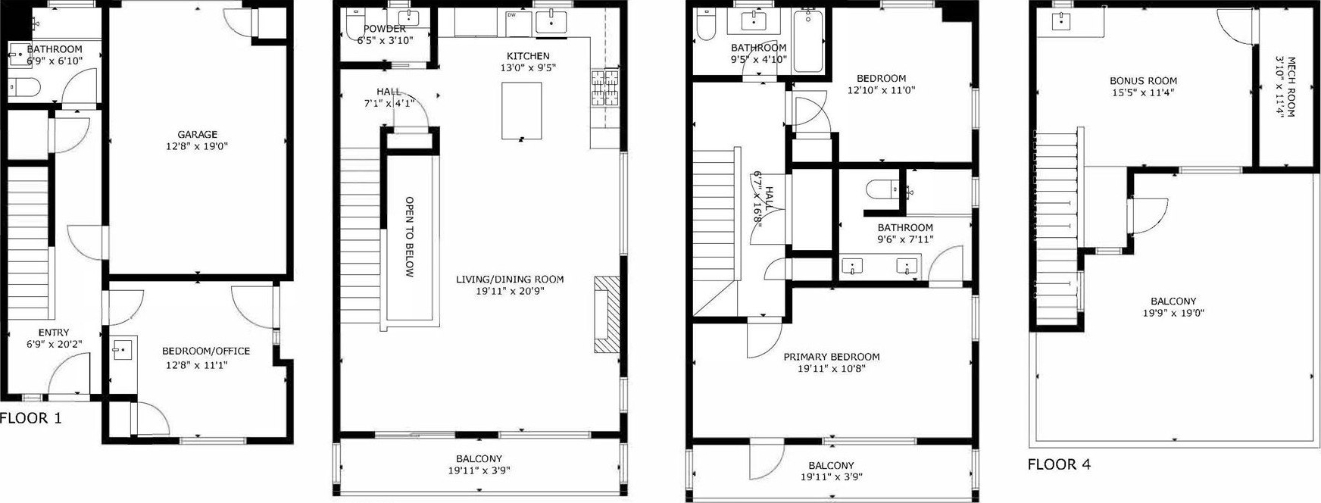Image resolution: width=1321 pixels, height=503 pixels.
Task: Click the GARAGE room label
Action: (x=198, y=135)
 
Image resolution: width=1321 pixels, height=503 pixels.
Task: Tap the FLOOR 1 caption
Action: (x=31, y=417)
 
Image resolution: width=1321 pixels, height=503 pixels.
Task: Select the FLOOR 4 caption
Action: (x=1059, y=464)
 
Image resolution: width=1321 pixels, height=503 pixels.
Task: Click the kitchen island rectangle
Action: (x=522, y=111)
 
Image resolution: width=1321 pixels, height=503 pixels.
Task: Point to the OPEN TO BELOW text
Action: (x=409, y=237)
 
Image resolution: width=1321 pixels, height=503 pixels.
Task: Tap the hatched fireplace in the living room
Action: (x=606, y=314)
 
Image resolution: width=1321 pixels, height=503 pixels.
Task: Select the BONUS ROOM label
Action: (x=1144, y=81)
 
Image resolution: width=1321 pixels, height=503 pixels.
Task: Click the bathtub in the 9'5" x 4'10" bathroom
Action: (x=808, y=42)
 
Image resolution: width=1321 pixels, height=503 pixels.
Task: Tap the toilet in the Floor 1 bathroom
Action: (x=24, y=88)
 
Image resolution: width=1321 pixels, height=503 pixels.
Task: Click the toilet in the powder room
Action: (x=353, y=27)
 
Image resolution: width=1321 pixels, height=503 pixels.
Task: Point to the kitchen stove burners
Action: (x=602, y=88)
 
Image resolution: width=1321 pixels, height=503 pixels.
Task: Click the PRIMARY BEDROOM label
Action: (x=832, y=357)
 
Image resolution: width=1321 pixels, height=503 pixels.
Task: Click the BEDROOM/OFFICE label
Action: (x=206, y=351)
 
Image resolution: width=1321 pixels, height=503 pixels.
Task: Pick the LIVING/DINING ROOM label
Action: (x=510, y=280)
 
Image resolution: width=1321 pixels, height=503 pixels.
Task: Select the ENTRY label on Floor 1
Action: (x=54, y=333)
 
